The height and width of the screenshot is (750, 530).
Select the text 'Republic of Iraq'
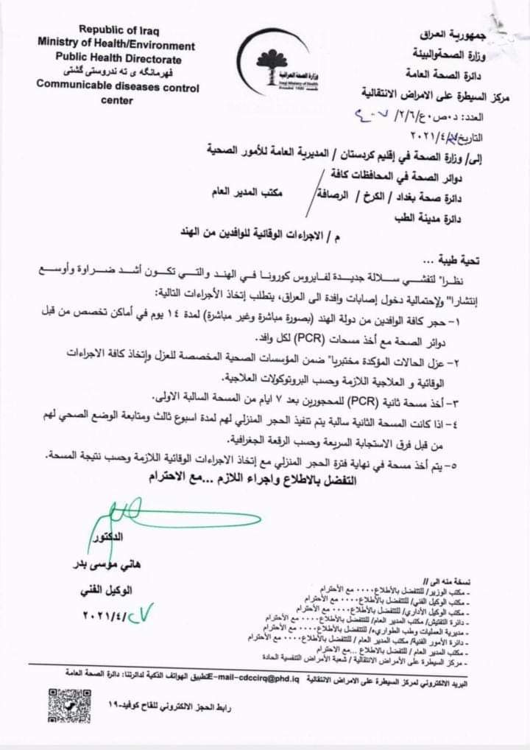(x=119, y=30)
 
